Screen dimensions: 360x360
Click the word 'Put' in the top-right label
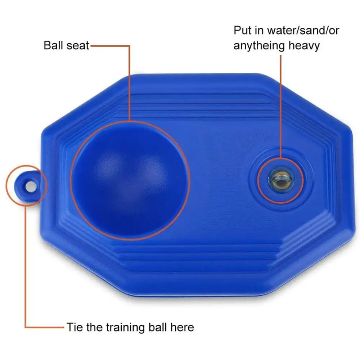(x=242, y=30)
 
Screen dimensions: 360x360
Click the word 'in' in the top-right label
(x=258, y=30)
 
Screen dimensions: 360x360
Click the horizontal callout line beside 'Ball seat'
(x=108, y=46)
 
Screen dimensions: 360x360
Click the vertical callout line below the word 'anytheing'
(x=281, y=108)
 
